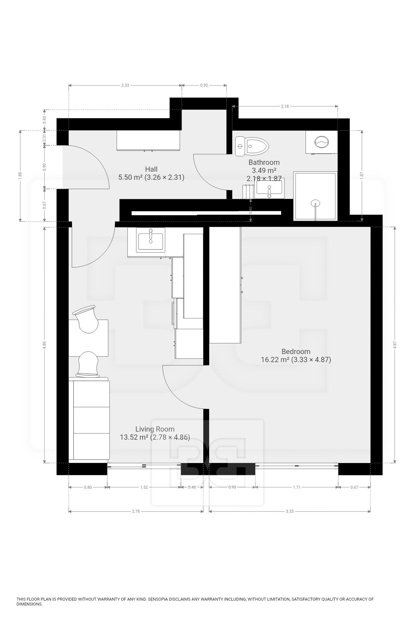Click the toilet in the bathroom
(x=253, y=146)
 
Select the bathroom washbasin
(x=269, y=188)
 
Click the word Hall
(x=151, y=169)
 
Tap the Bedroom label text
(x=296, y=351)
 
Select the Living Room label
(x=155, y=429)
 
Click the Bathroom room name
(x=264, y=162)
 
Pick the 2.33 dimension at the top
(x=125, y=85)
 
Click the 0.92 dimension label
(x=204, y=85)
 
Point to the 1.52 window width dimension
(x=144, y=487)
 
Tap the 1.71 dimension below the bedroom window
(x=296, y=487)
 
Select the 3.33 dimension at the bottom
(x=290, y=511)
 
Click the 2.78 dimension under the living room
(x=136, y=511)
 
